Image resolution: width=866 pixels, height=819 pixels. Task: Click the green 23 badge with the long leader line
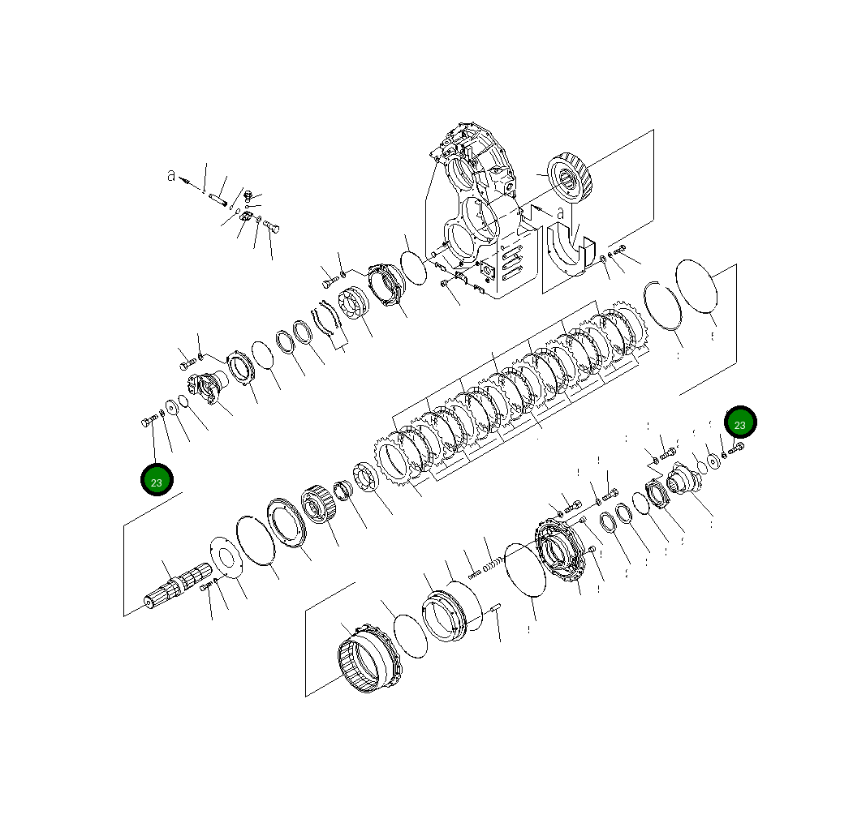pos(157,479)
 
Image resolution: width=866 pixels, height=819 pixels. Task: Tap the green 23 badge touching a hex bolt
pos(740,422)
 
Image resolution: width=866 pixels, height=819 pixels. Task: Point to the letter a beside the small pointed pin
pos(171,175)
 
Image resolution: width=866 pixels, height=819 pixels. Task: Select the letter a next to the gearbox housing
pos(560,213)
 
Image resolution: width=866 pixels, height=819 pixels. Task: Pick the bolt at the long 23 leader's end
pos(146,421)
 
